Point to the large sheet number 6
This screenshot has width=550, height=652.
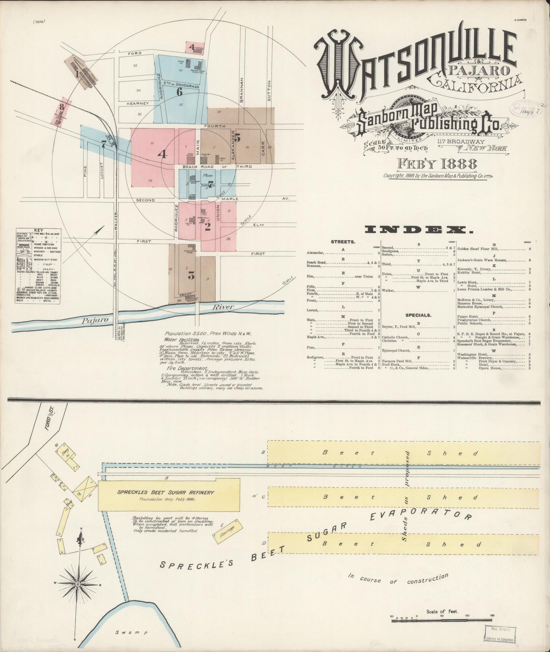[179, 92]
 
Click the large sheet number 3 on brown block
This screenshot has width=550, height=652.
[191, 276]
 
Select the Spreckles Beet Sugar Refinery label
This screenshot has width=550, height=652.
[166, 492]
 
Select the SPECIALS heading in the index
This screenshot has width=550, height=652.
[418, 315]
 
